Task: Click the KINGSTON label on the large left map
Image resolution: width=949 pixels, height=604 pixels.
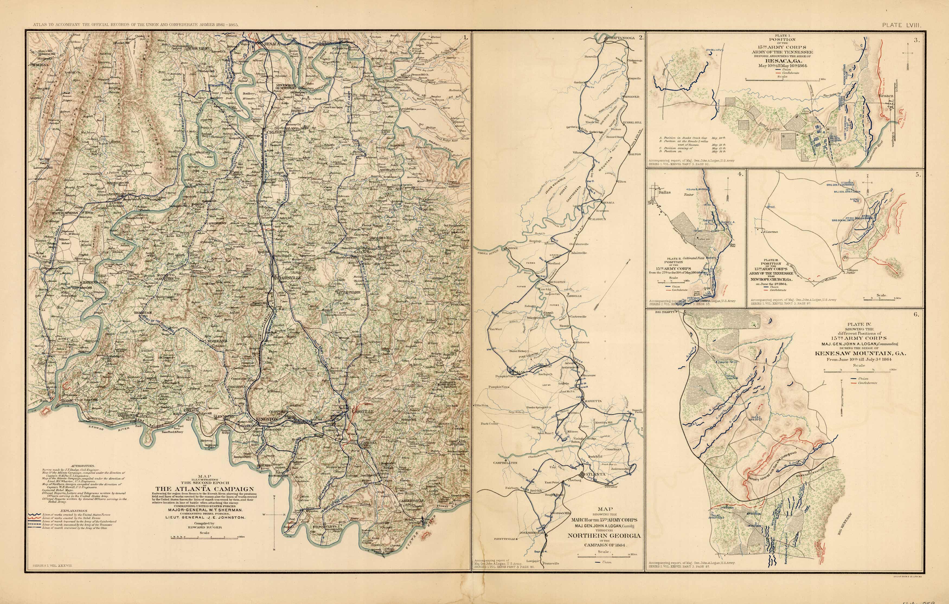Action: click(x=267, y=419)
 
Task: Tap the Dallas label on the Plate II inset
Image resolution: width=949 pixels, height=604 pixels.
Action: click(x=665, y=193)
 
